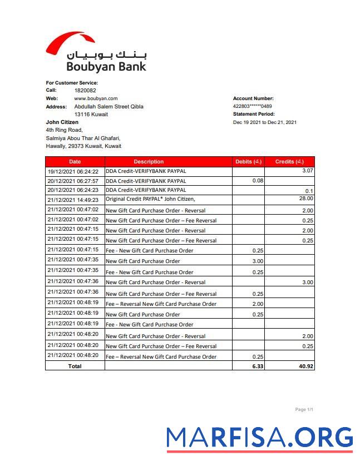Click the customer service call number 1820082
pos(85,90)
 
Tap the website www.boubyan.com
pos(96,98)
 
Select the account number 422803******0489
pos(252,106)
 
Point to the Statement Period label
pos(254,114)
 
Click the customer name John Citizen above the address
pos(62,122)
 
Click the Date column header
pos(75,162)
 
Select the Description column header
pos(149,162)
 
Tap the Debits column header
pos(248,162)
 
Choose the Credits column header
pos(289,162)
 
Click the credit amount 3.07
pos(308,171)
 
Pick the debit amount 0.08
pos(258,181)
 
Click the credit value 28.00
pos(306,198)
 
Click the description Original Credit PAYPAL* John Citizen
pos(150,199)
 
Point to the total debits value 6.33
pos(257,366)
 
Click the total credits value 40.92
pos(305,366)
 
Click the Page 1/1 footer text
pos(304,410)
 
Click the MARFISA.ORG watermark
pos(260,438)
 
